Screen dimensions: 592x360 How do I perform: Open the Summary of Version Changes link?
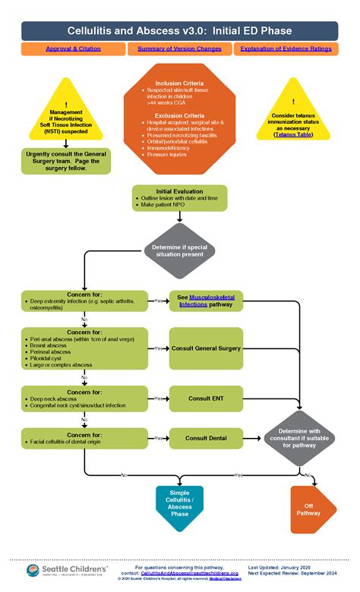180,49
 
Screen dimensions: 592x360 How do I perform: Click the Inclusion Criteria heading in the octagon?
179,83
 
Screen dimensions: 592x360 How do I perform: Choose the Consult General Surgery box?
206,348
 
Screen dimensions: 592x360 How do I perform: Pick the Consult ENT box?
206,398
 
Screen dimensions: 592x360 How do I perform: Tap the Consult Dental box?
206,438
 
